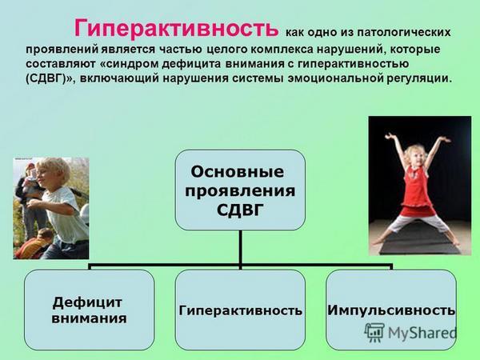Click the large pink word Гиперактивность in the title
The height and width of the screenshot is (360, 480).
pyautogui.click(x=176, y=28)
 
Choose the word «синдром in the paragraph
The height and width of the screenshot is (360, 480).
pyautogui.click(x=130, y=64)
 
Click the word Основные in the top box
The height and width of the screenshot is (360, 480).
pyautogui.click(x=238, y=172)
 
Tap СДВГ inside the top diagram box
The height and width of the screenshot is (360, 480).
pyautogui.click(x=240, y=210)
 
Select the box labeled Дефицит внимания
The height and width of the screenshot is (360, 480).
pyautogui.click(x=89, y=310)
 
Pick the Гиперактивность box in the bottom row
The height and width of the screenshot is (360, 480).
pyautogui.click(x=240, y=310)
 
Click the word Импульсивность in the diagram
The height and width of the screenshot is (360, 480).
pyautogui.click(x=391, y=310)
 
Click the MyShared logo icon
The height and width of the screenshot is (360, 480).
pyautogui.click(x=374, y=332)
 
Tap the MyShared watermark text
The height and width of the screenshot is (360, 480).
pyautogui.click(x=422, y=333)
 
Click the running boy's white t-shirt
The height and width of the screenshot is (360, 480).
pyautogui.click(x=66, y=214)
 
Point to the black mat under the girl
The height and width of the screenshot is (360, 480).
pyautogui.click(x=420, y=242)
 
